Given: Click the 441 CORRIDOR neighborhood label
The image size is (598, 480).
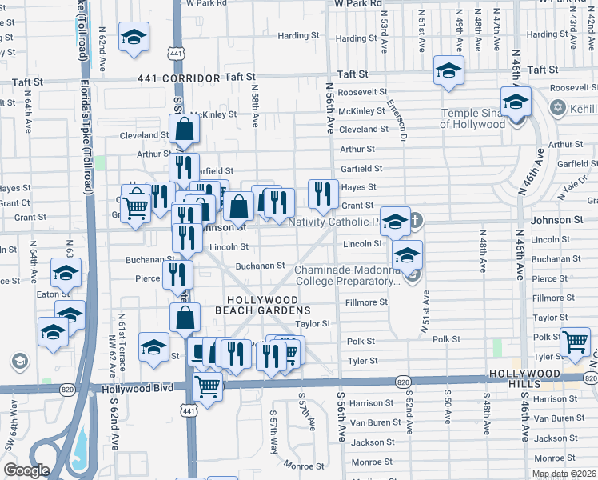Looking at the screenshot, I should coord(178,78).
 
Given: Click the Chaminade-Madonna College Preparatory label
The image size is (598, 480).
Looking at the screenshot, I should coord(347,275).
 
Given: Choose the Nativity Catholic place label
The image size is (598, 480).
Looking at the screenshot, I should coord(333,222).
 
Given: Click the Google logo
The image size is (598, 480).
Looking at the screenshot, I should coord(26,470).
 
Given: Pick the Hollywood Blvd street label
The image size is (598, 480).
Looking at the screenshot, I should coord(138,389).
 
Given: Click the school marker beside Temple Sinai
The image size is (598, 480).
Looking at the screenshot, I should coord(516,102).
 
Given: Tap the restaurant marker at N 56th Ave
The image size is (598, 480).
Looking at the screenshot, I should coord(323,193).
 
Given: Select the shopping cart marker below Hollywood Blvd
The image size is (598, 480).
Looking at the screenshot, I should coord(208,386).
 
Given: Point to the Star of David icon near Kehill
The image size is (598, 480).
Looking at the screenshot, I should coord(558,107).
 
